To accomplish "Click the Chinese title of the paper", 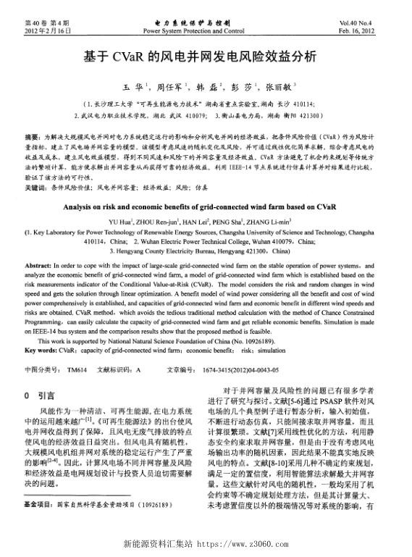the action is click(x=206, y=57).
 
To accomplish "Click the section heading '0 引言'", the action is click(x=36, y=396).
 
